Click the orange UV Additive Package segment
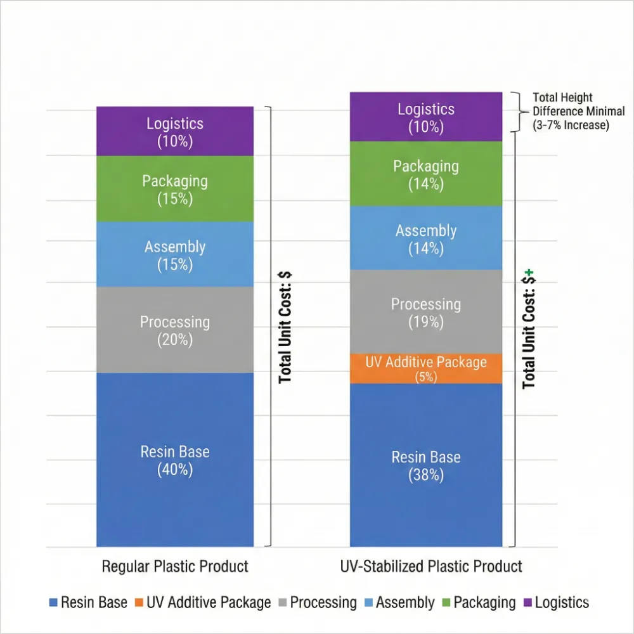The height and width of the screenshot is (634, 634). click(x=426, y=368)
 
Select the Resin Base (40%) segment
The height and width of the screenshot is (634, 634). click(x=175, y=460)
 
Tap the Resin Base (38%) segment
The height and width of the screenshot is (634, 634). click(x=426, y=465)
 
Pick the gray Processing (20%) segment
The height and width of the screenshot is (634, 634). click(x=175, y=330)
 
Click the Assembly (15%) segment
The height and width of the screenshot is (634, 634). click(x=175, y=254)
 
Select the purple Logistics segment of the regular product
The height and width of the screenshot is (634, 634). click(x=175, y=131)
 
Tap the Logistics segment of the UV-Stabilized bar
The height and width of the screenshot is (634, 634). click(x=426, y=117)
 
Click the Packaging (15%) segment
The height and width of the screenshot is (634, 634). click(x=175, y=188)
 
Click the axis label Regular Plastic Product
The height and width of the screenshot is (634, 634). click(x=175, y=566)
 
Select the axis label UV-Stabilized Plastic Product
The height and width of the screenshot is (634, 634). click(x=426, y=566)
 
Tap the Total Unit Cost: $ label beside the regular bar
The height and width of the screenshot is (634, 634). click(x=285, y=327)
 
